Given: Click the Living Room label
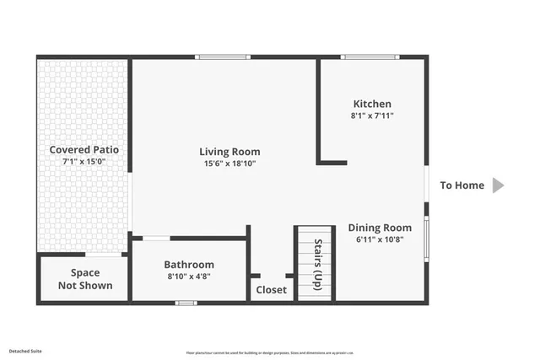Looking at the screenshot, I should [x=229, y=152].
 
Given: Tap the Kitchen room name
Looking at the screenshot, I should [x=372, y=104].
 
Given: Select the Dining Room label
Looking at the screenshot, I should [x=380, y=228].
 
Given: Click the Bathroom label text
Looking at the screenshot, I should [x=189, y=264].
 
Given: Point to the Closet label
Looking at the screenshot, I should [x=271, y=289].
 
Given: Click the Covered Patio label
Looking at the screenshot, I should [x=84, y=149].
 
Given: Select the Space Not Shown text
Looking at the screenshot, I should [x=84, y=279].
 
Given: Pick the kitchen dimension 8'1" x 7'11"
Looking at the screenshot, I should [x=372, y=116].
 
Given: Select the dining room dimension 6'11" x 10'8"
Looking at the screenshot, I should [x=380, y=239].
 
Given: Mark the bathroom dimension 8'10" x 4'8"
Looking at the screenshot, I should [x=189, y=276].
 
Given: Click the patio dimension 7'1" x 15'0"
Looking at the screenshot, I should [x=84, y=161].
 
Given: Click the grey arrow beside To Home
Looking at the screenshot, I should [x=498, y=185].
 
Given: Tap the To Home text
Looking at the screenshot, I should [x=462, y=185].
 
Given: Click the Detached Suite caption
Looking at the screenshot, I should [x=25, y=349].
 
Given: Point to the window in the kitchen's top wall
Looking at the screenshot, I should [x=370, y=57].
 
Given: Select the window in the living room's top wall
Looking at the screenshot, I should [x=222, y=57].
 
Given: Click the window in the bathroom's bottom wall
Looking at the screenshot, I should [x=186, y=303].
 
